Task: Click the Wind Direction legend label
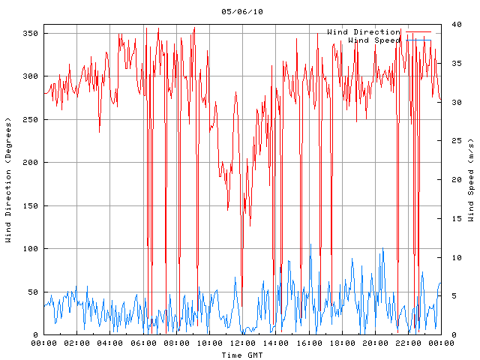pyautogui.click(x=363, y=32)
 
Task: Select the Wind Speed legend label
pyautogui.click(x=374, y=40)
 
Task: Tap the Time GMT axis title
pyautogui.click(x=241, y=354)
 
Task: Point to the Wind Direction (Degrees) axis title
pyautogui.click(x=8, y=180)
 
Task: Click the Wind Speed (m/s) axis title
pyautogui.click(x=471, y=180)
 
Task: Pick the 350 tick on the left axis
pyautogui.click(x=30, y=33)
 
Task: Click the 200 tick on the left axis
pyautogui.click(x=30, y=163)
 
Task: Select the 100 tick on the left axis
pyautogui.click(x=30, y=249)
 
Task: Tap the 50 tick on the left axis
pyautogui.click(x=32, y=292)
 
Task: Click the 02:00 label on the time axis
pyautogui.click(x=76, y=343)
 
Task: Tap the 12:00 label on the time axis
pyautogui.click(x=241, y=343)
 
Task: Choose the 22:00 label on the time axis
pyautogui.click(x=407, y=343)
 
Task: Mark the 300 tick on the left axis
pyautogui.click(x=30, y=76)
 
